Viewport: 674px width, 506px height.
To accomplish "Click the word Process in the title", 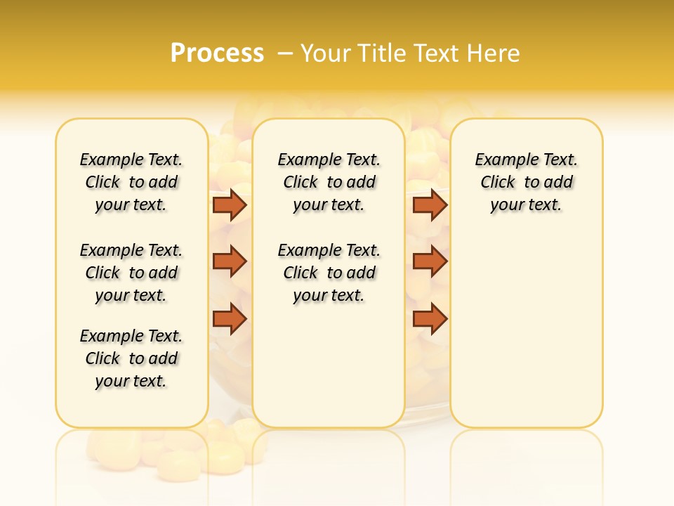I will click(x=217, y=53).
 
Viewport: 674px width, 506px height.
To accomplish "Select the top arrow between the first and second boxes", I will click(x=230, y=205).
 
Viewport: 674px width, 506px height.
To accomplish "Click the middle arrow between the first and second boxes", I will click(x=230, y=261).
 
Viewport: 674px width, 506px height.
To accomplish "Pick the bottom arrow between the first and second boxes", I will click(x=230, y=319).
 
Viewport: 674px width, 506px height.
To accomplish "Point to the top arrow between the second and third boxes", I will click(x=430, y=205).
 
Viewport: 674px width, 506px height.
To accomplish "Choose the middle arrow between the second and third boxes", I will click(x=430, y=261).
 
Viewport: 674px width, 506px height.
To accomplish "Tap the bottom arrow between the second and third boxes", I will click(x=430, y=319).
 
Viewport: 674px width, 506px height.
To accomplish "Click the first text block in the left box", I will click(x=131, y=182).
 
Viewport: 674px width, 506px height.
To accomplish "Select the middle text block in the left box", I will click(x=131, y=273).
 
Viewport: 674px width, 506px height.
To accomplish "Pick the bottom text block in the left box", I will click(x=131, y=358).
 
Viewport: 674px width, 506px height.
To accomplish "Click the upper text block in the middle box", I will click(x=329, y=182).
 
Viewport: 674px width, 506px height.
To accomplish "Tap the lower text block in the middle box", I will click(x=329, y=273).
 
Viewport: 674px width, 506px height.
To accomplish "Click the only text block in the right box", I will click(x=527, y=182).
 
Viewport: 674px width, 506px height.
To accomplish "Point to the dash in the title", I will click(x=285, y=53).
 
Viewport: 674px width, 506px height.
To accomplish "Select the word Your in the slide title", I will click(x=326, y=53).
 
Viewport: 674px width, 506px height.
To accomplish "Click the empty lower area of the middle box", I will click(x=329, y=365).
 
